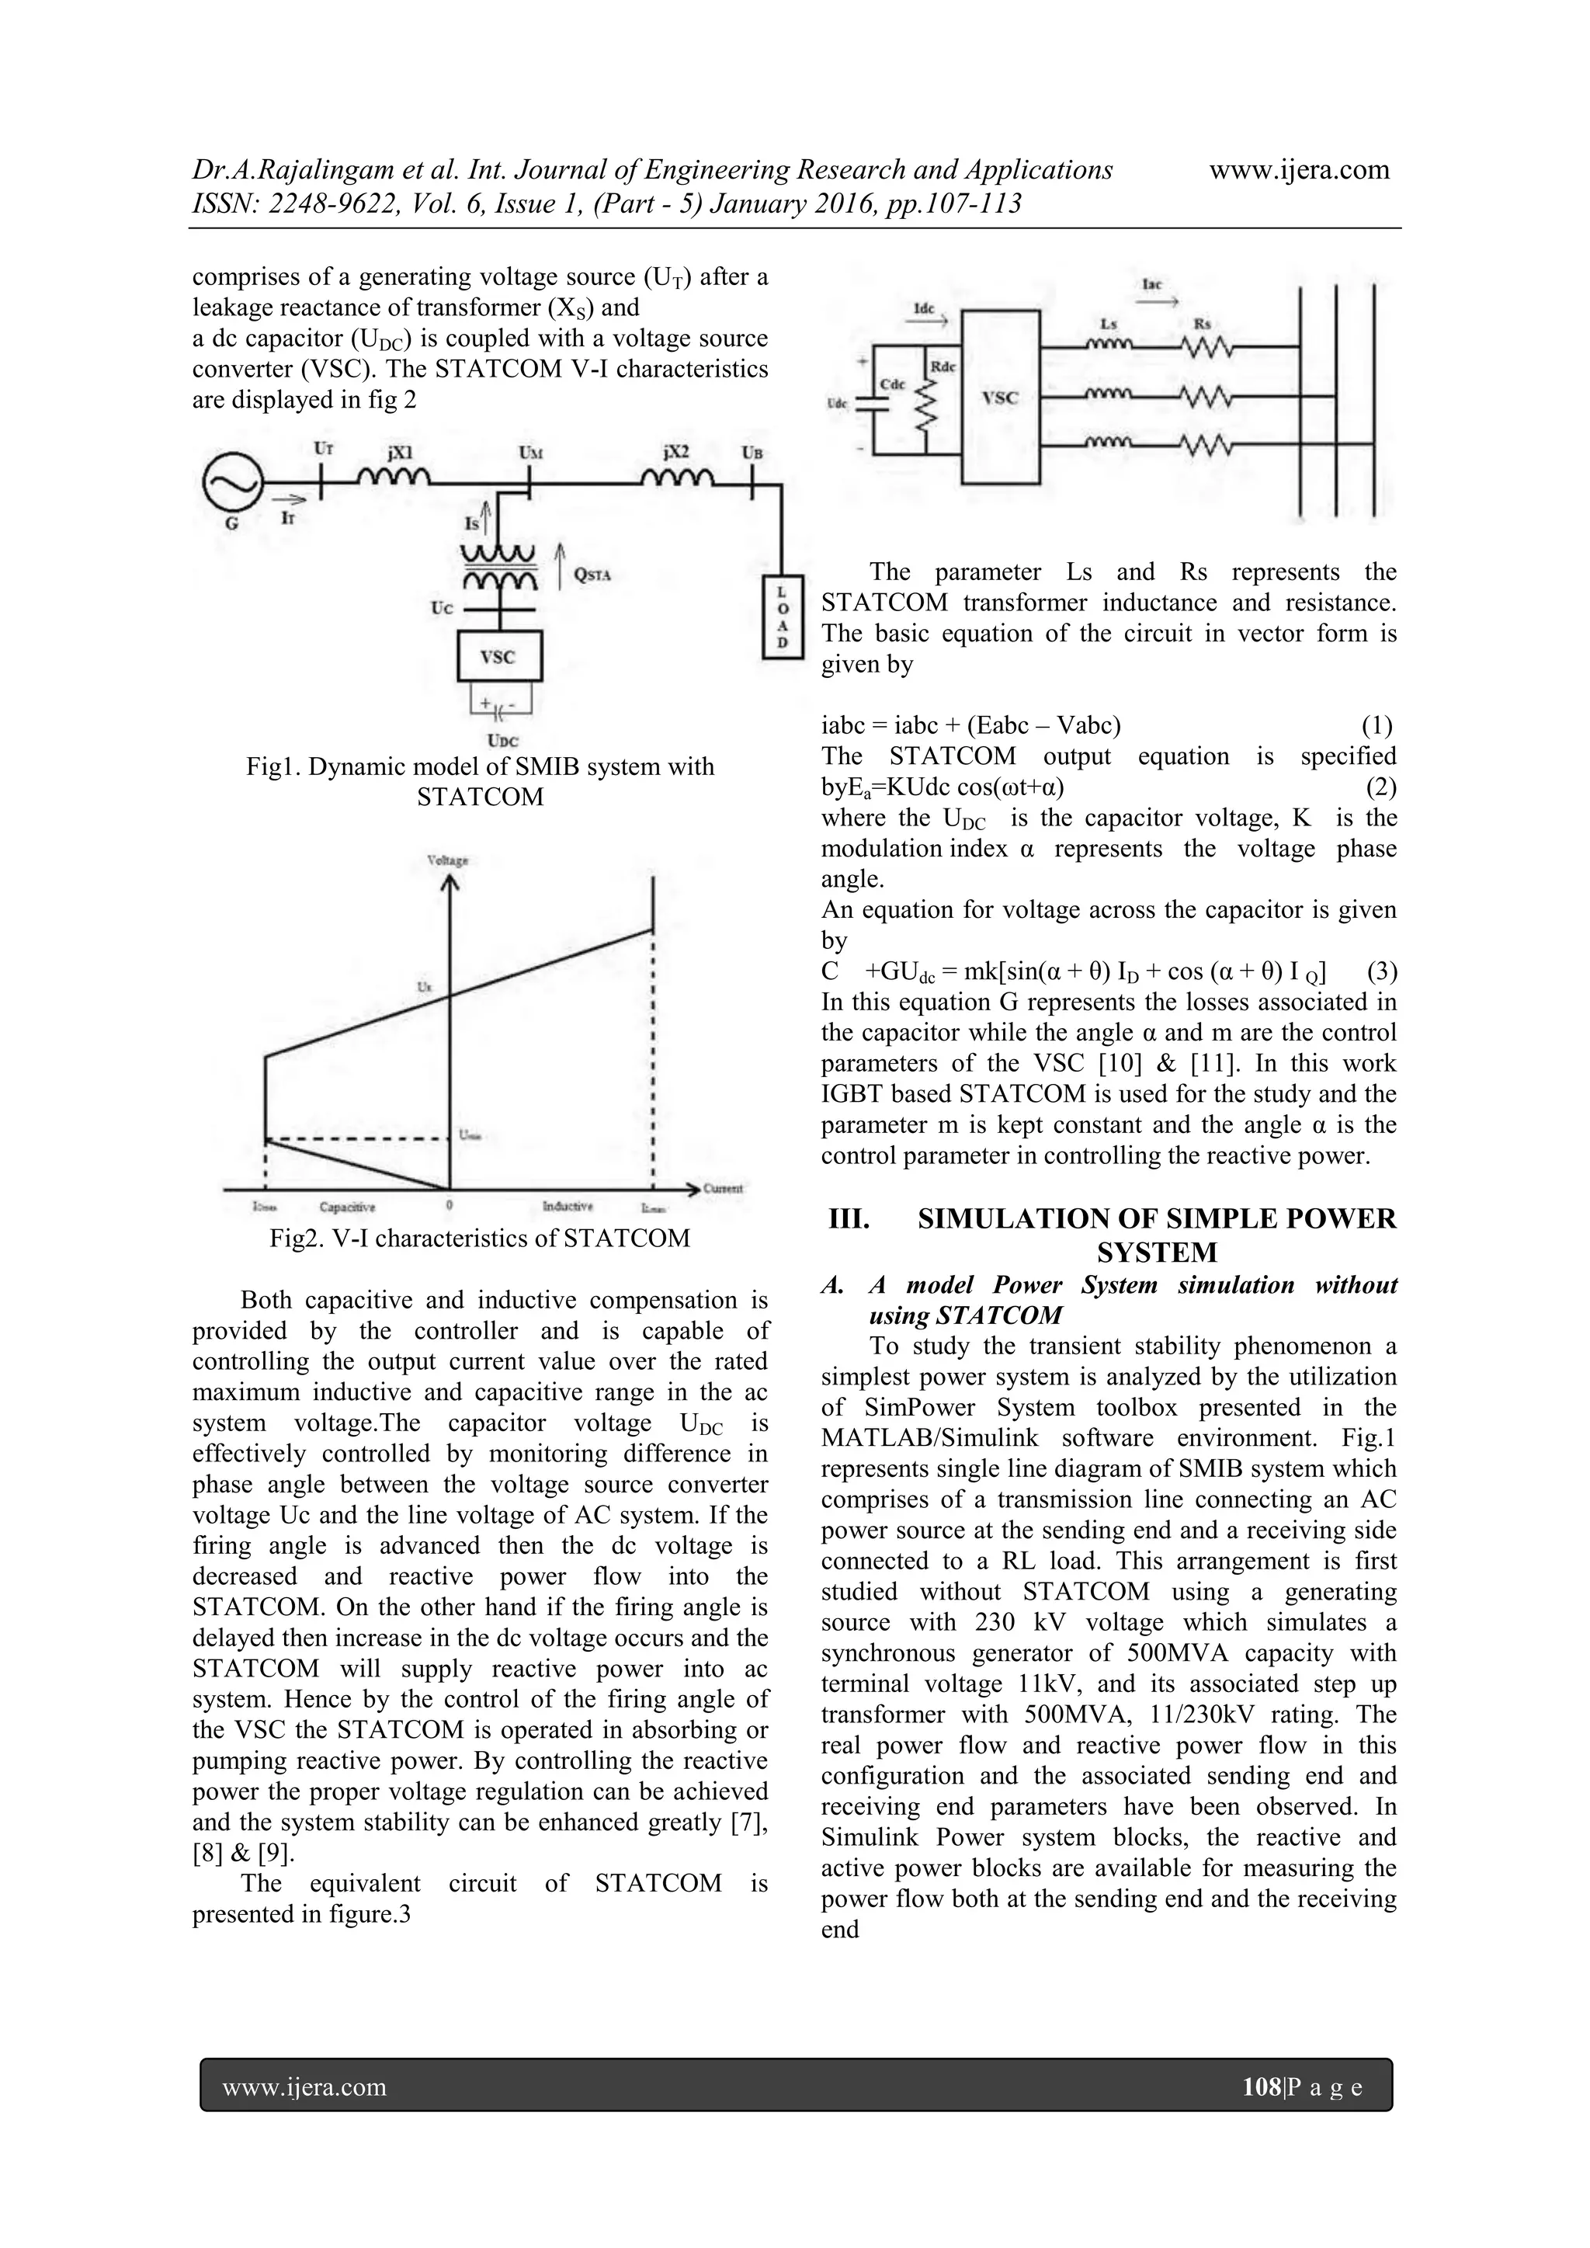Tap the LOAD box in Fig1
tap(783, 617)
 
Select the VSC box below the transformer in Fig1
tap(499, 657)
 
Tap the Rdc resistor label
tap(943, 367)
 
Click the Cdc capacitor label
tap(893, 385)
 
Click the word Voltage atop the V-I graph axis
tap(447, 860)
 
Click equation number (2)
tap(1380, 787)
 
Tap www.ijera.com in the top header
tap(1299, 170)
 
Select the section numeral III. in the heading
tap(849, 1219)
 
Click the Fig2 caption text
tap(480, 1239)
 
